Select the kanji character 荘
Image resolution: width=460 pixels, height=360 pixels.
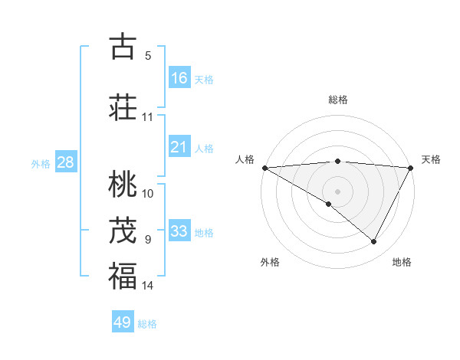[123, 106]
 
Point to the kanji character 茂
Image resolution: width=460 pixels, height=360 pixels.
[123, 230]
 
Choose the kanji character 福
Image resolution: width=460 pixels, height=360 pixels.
[123, 276]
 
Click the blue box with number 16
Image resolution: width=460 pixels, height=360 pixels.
[179, 78]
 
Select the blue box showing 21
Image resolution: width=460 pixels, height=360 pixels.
[179, 147]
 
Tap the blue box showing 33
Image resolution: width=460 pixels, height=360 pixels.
[179, 231]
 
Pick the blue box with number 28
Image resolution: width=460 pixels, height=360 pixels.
[65, 162]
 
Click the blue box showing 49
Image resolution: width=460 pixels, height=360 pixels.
[123, 322]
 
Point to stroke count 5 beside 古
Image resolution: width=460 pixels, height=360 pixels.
[148, 55]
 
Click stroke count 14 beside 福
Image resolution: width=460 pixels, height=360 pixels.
[147, 286]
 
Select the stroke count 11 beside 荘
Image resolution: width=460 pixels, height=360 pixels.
[147, 116]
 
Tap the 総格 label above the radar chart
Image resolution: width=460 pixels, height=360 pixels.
[337, 100]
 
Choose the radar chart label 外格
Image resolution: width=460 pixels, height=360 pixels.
[270, 262]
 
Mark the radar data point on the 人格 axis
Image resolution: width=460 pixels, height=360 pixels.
[264, 167]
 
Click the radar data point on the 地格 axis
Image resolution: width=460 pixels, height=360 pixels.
[374, 241]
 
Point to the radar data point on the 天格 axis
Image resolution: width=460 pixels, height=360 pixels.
[411, 167]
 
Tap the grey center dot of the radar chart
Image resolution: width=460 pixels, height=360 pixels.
[337, 191]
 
